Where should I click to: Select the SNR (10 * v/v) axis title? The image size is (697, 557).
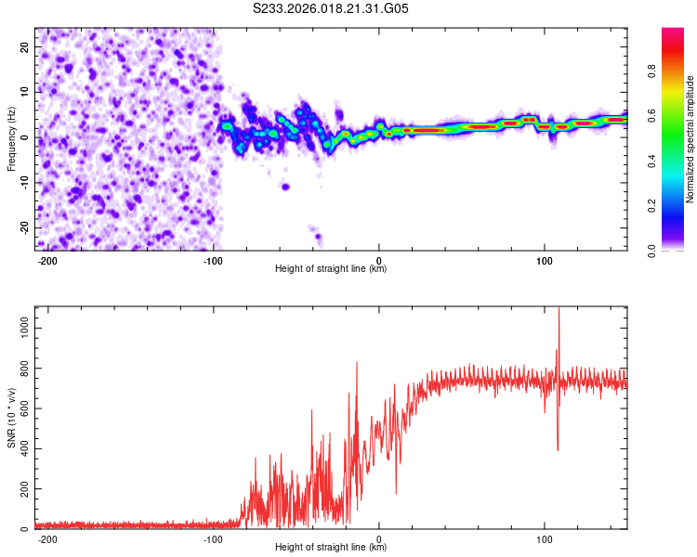(x=11, y=418)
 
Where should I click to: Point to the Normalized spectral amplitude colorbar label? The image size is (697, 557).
(x=690, y=139)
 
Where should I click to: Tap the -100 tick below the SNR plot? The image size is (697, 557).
(x=213, y=539)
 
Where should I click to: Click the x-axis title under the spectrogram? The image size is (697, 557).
(x=331, y=269)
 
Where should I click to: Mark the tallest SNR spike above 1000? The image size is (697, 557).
(x=559, y=311)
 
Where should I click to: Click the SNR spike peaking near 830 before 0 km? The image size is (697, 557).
(x=357, y=363)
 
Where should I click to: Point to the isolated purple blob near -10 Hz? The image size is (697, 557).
(x=285, y=187)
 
